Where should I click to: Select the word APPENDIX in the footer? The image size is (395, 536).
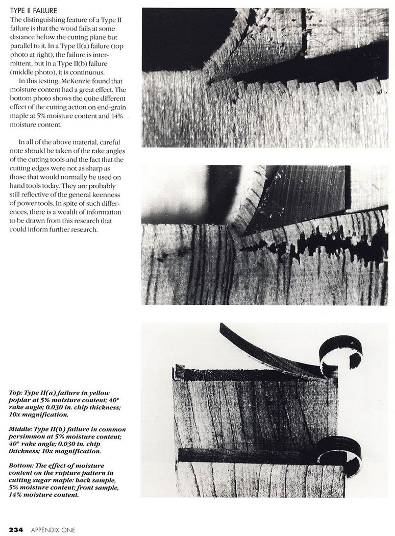[x=44, y=530]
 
